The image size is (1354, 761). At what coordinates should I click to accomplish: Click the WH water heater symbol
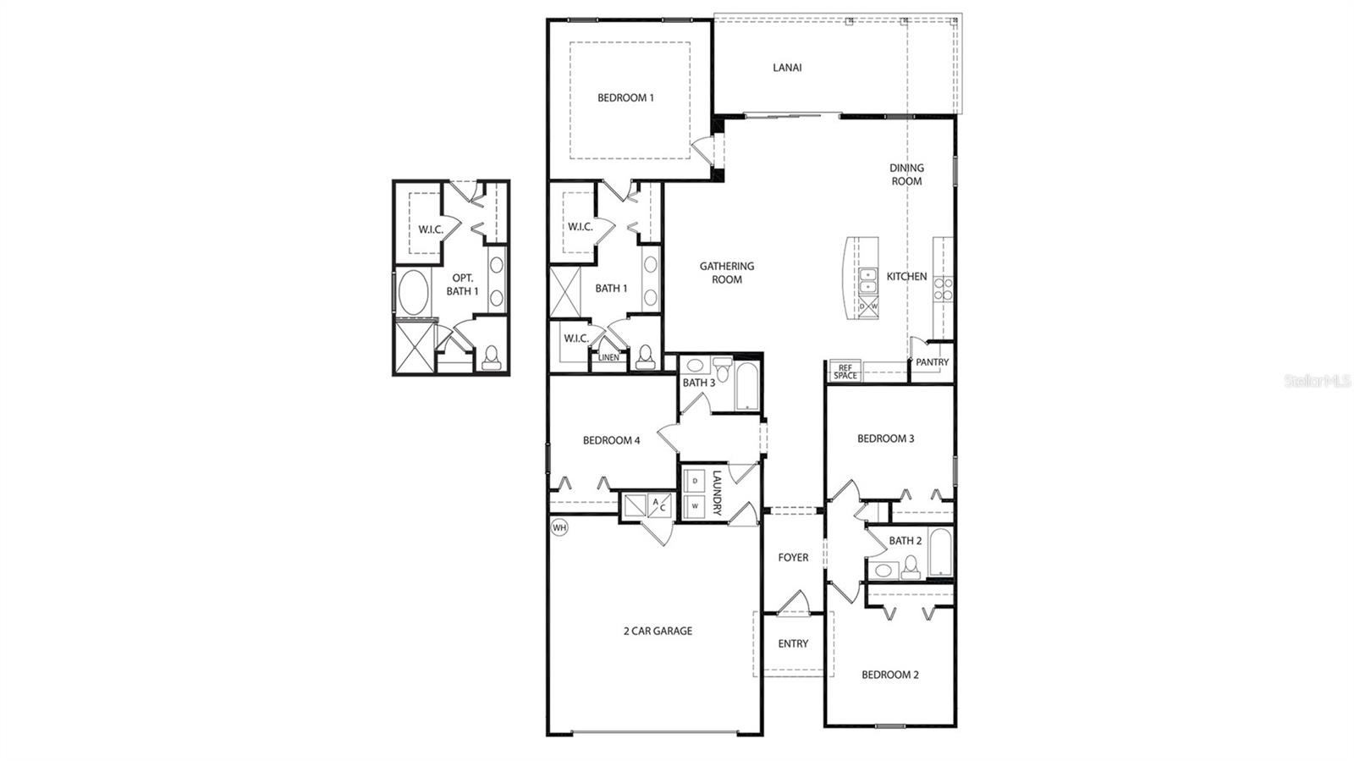click(559, 527)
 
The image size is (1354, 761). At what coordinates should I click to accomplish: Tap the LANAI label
click(787, 68)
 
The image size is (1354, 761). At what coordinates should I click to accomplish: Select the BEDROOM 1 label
click(625, 98)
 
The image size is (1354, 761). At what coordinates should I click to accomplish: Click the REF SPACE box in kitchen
click(845, 372)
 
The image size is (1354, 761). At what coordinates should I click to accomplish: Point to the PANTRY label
click(932, 362)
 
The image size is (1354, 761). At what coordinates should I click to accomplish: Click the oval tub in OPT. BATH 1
click(414, 293)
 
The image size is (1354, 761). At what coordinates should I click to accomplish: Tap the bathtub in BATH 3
click(747, 386)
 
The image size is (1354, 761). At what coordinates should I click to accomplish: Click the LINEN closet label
click(608, 358)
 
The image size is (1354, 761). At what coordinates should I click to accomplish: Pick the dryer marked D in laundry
click(696, 481)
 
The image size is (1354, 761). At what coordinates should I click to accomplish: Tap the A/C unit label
click(658, 505)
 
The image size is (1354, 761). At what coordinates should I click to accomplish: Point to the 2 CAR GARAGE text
click(658, 631)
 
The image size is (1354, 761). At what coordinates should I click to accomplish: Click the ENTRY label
click(793, 644)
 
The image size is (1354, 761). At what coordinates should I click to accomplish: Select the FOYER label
click(793, 558)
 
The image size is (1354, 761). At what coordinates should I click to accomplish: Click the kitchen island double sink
click(867, 280)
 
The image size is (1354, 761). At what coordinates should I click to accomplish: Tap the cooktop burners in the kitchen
click(943, 290)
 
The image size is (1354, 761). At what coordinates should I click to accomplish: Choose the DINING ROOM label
click(906, 174)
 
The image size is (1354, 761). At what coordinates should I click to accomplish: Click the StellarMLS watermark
click(1318, 382)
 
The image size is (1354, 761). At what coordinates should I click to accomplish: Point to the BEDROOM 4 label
click(611, 440)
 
